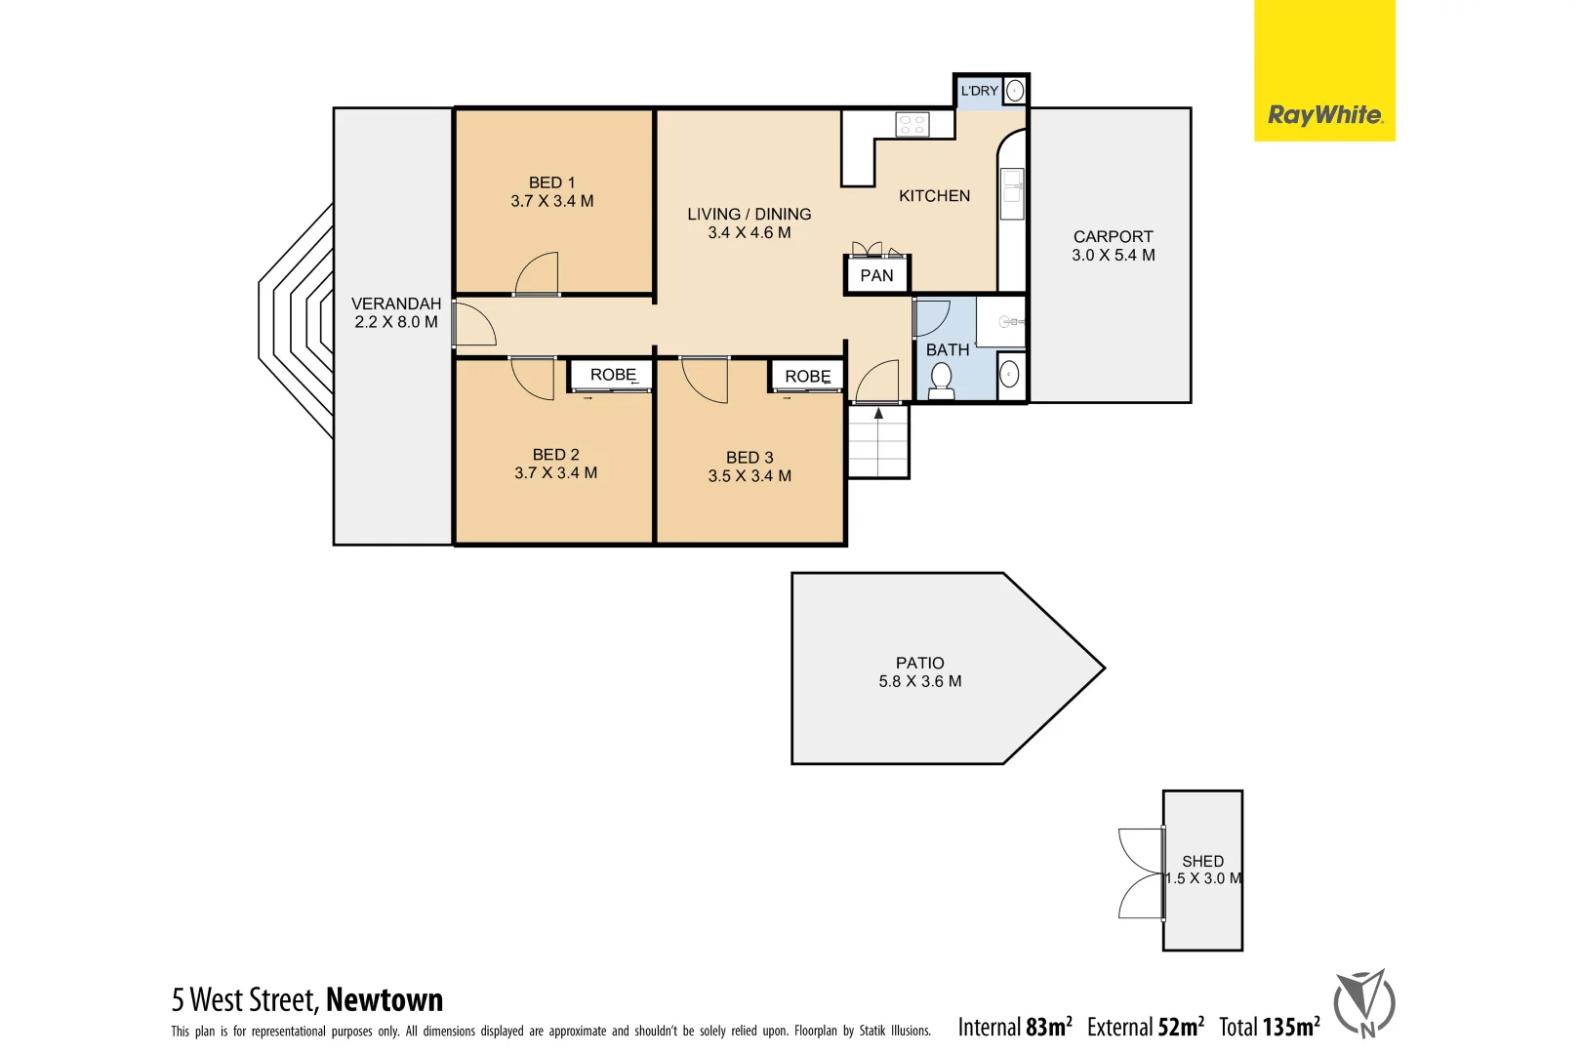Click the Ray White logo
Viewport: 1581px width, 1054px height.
(x=1323, y=115)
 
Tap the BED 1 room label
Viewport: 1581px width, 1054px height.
(x=551, y=182)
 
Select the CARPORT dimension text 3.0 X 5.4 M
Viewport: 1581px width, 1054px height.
(x=1113, y=255)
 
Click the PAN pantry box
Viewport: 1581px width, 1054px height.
(x=876, y=275)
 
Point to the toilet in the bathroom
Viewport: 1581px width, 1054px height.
(x=941, y=380)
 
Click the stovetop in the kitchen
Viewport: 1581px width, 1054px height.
(x=912, y=124)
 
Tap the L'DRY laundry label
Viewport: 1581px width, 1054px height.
(x=979, y=91)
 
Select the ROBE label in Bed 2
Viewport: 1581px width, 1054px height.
(x=613, y=375)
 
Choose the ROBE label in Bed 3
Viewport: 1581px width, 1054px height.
(x=807, y=376)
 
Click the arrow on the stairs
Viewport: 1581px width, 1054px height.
(x=878, y=414)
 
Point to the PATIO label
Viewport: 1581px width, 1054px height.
(x=919, y=663)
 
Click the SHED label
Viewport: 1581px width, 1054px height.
(x=1202, y=861)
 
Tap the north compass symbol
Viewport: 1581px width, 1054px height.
(x=1364, y=1002)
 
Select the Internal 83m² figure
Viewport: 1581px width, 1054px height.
(x=1015, y=1027)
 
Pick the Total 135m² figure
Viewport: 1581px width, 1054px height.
(x=1269, y=1027)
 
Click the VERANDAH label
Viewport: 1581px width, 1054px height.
(x=395, y=304)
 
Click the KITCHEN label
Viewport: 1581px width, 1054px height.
(x=934, y=196)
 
